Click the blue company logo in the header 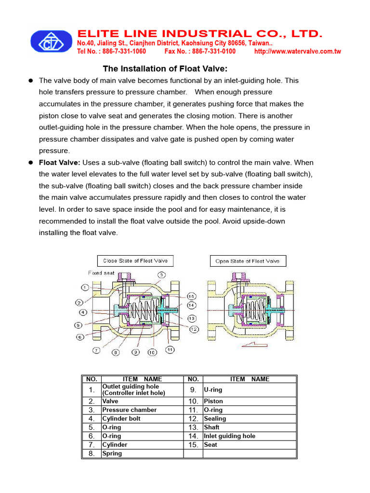tap(51, 41)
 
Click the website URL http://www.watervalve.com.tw tap(297, 52)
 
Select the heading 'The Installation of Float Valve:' tap(165, 69)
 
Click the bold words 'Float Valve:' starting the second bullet tap(59, 163)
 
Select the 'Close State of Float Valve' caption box tap(135, 261)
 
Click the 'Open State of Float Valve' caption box tap(248, 261)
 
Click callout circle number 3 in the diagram tap(161, 275)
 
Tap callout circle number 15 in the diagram tap(191, 296)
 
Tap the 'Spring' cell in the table tap(112, 454)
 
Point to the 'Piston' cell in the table tap(213, 401)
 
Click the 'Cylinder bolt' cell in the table tap(121, 418)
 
